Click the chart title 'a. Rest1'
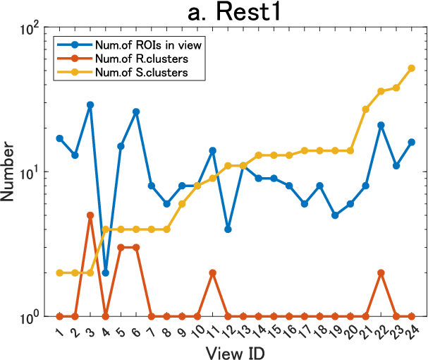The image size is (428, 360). click(234, 12)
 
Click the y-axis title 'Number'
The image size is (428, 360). click(7, 172)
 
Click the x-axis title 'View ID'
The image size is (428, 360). click(235, 353)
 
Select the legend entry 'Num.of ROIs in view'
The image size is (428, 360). click(148, 45)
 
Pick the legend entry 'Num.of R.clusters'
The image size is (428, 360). click(142, 59)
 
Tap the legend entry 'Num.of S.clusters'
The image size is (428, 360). click(142, 72)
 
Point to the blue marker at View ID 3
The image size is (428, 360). click(90, 104)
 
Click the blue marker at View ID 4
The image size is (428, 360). click(105, 272)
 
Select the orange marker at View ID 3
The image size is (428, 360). click(90, 215)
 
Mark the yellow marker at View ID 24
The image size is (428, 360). click(411, 68)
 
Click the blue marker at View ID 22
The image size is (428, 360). click(381, 125)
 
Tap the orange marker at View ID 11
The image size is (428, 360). click(213, 272)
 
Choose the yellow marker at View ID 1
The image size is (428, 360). click(59, 272)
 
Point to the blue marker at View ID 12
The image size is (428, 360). click(228, 229)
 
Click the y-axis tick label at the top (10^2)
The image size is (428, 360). click(30, 29)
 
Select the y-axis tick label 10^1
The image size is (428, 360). click(30, 174)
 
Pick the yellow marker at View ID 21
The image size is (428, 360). click(365, 109)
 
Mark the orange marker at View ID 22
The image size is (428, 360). click(381, 272)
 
